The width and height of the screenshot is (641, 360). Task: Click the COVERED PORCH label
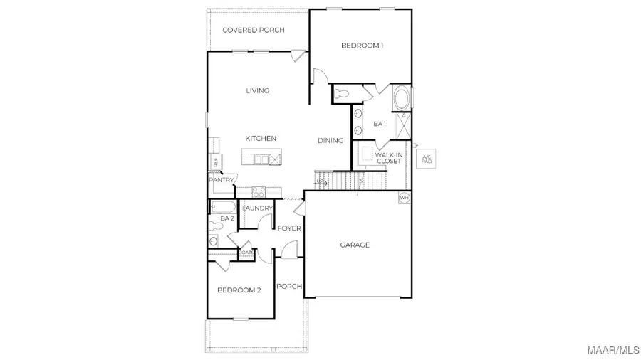pyautogui.click(x=254, y=30)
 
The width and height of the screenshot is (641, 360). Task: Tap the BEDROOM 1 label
pyautogui.click(x=362, y=46)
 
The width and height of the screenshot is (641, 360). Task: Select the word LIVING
pyautogui.click(x=257, y=90)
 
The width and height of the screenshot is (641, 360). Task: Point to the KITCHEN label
pyautogui.click(x=261, y=138)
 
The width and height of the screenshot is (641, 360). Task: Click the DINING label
pyautogui.click(x=330, y=140)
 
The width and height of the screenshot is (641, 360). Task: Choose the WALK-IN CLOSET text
pyautogui.click(x=388, y=157)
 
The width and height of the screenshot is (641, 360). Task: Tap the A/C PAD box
pyautogui.click(x=427, y=159)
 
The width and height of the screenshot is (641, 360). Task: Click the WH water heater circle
pyautogui.click(x=405, y=198)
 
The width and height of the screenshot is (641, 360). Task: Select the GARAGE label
pyautogui.click(x=354, y=245)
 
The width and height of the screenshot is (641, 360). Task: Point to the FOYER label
pyautogui.click(x=290, y=228)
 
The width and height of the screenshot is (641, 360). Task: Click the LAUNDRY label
pyautogui.click(x=257, y=208)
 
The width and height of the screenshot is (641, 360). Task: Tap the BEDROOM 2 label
pyautogui.click(x=239, y=290)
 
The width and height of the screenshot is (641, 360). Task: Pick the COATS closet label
pyautogui.click(x=246, y=252)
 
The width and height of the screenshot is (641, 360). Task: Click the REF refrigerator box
pyautogui.click(x=214, y=162)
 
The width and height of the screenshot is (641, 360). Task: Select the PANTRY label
pyautogui.click(x=221, y=180)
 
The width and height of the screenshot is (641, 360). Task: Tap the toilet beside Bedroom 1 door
pyautogui.click(x=341, y=92)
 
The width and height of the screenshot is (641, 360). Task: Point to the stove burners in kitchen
pyautogui.click(x=259, y=191)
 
